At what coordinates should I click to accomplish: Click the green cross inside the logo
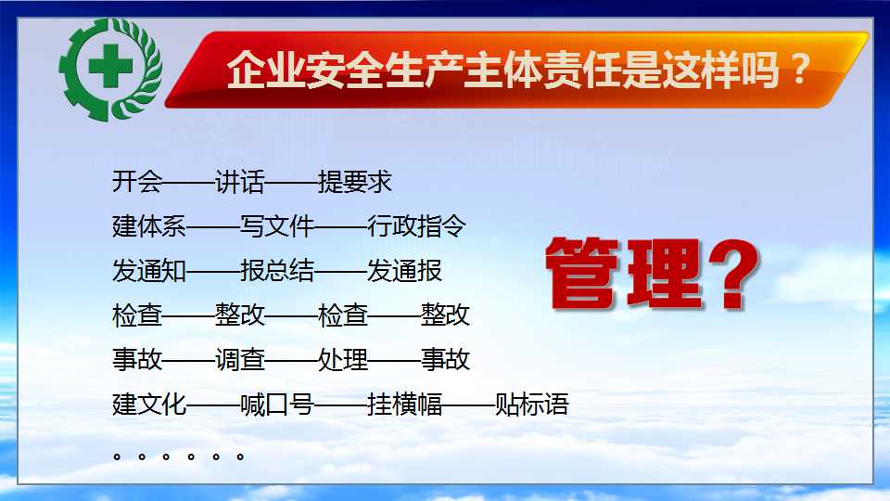pyautogui.click(x=110, y=66)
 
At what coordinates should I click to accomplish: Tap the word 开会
pyautogui.click(x=137, y=182)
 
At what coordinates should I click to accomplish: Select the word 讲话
pyautogui.click(x=239, y=182)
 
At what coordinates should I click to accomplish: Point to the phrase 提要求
pyautogui.click(x=355, y=182)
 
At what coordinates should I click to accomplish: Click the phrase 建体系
pyautogui.click(x=149, y=226)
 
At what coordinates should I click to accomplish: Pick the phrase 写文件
pyautogui.click(x=277, y=226)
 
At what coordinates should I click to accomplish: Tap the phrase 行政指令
pyautogui.click(x=416, y=226)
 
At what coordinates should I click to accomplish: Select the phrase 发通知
pyautogui.click(x=149, y=270)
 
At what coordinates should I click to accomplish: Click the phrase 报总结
pyautogui.click(x=277, y=270)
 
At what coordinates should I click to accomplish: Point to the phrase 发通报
pyautogui.click(x=405, y=270)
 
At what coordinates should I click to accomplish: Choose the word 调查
pyautogui.click(x=239, y=360)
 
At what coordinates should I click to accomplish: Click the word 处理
pyautogui.click(x=343, y=360)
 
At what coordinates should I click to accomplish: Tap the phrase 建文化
pyautogui.click(x=149, y=405)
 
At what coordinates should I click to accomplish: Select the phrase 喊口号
pyautogui.click(x=277, y=405)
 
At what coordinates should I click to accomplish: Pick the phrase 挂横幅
pyautogui.click(x=405, y=405)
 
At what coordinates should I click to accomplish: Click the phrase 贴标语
pyautogui.click(x=532, y=405)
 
